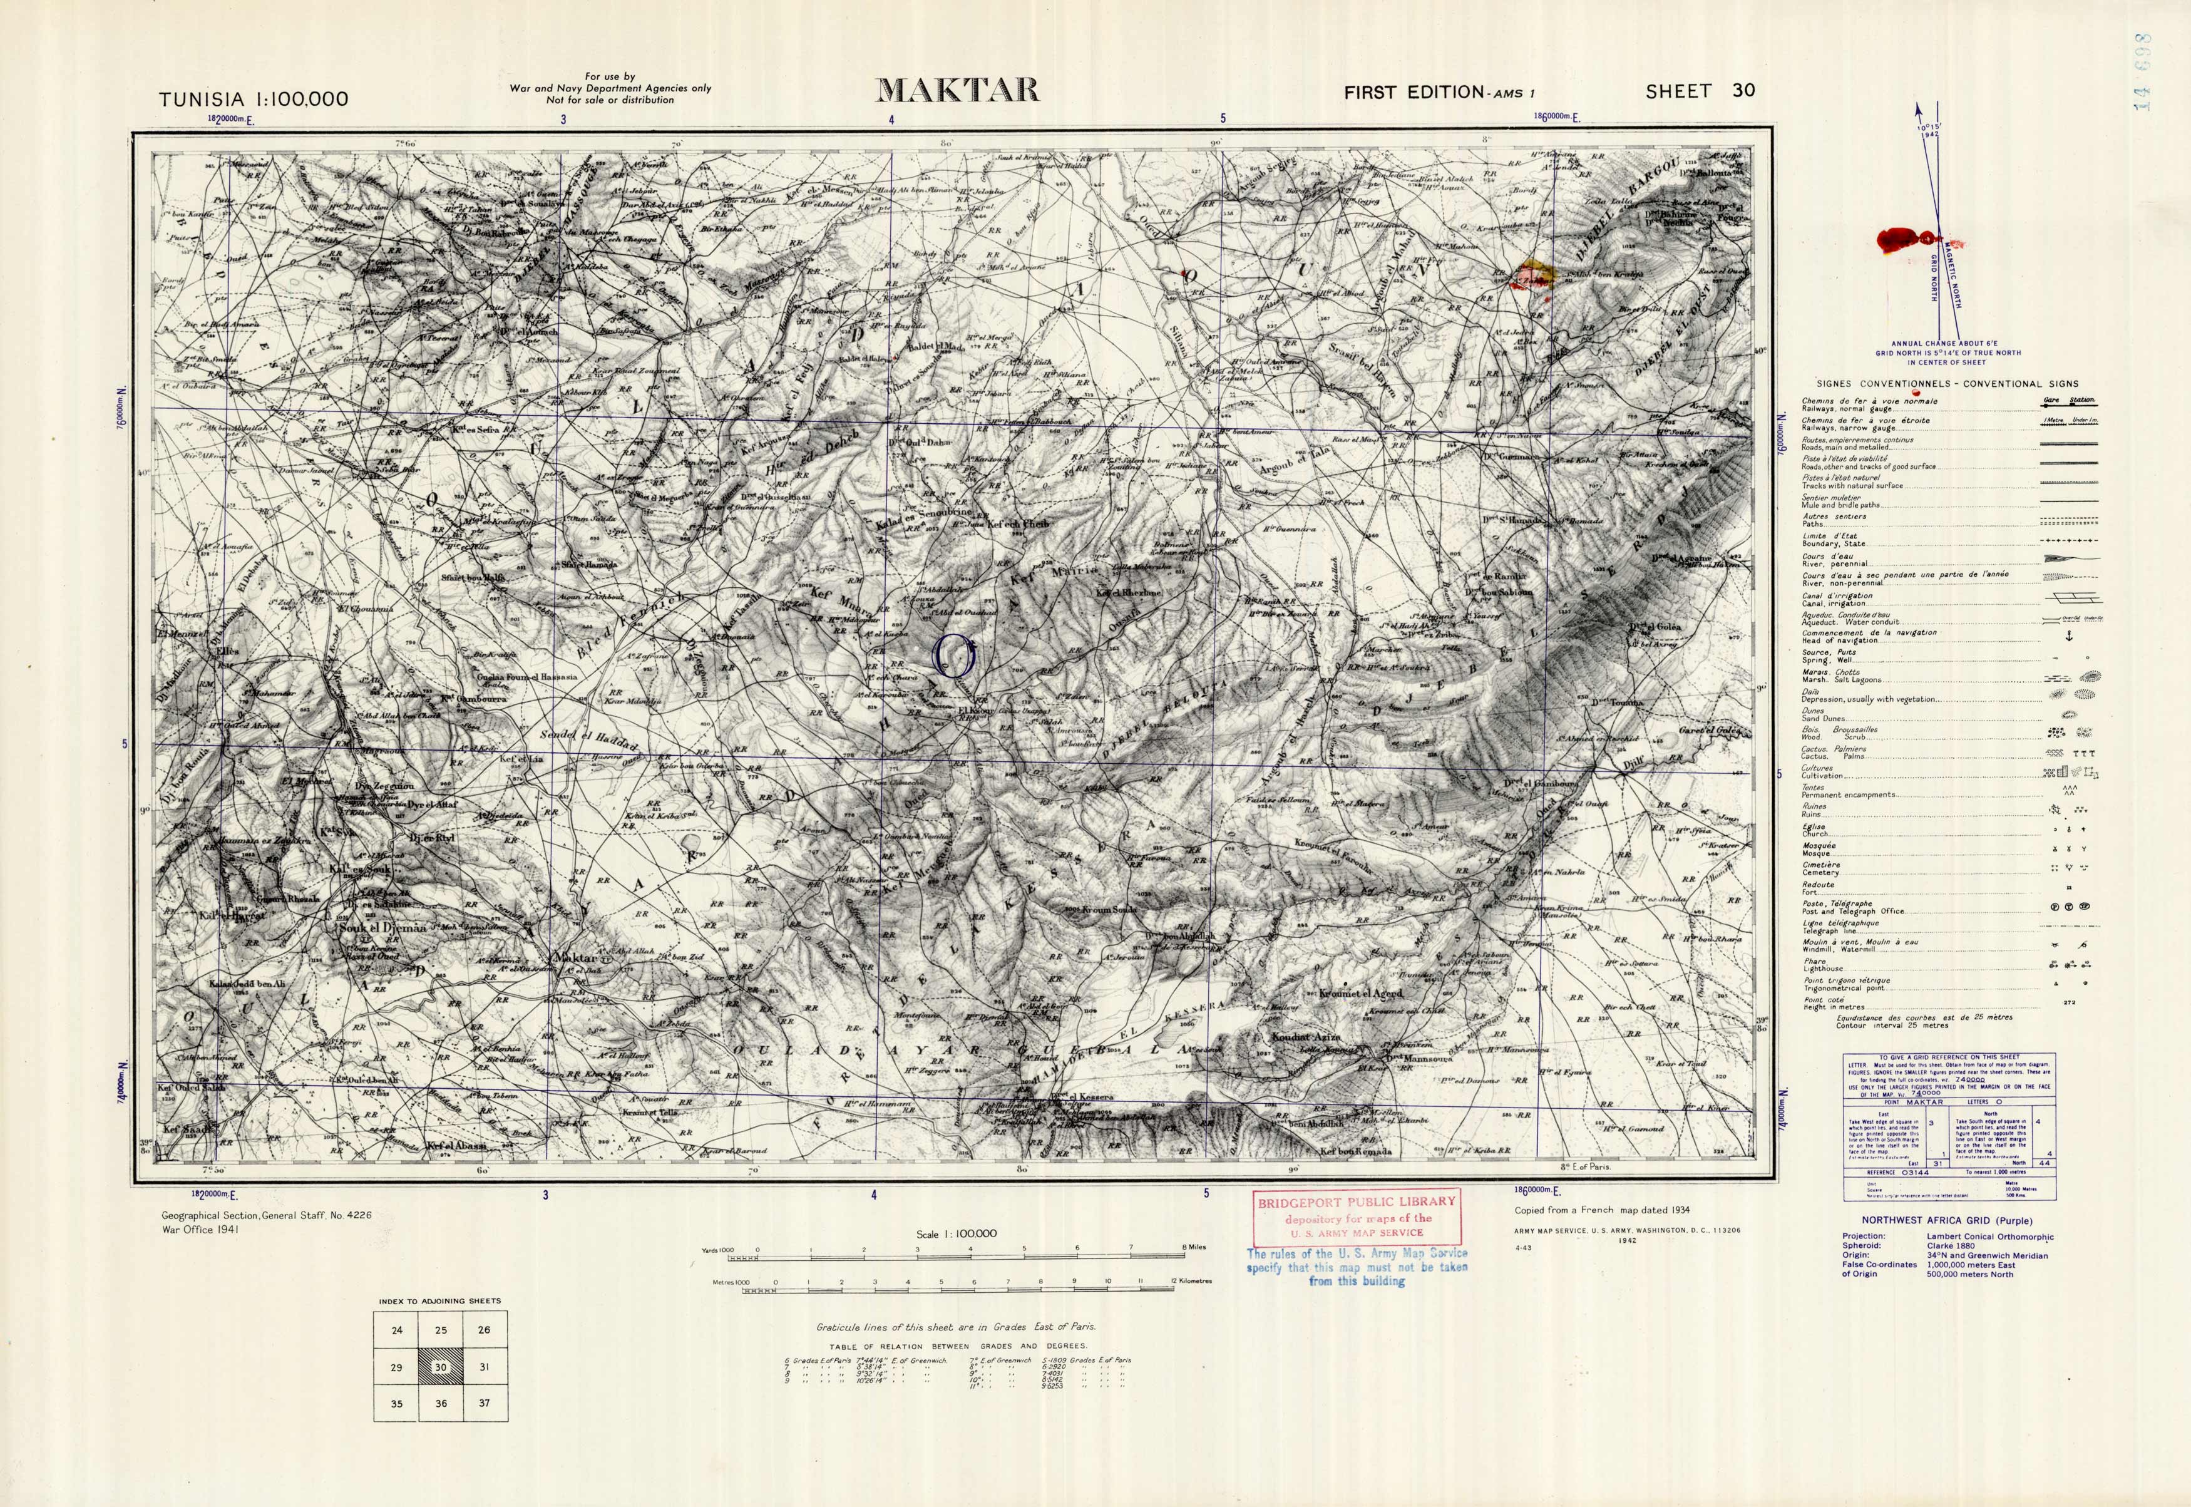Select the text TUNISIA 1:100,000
point(253,99)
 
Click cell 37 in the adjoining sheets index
point(485,1403)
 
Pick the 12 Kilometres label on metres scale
point(1191,1282)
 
